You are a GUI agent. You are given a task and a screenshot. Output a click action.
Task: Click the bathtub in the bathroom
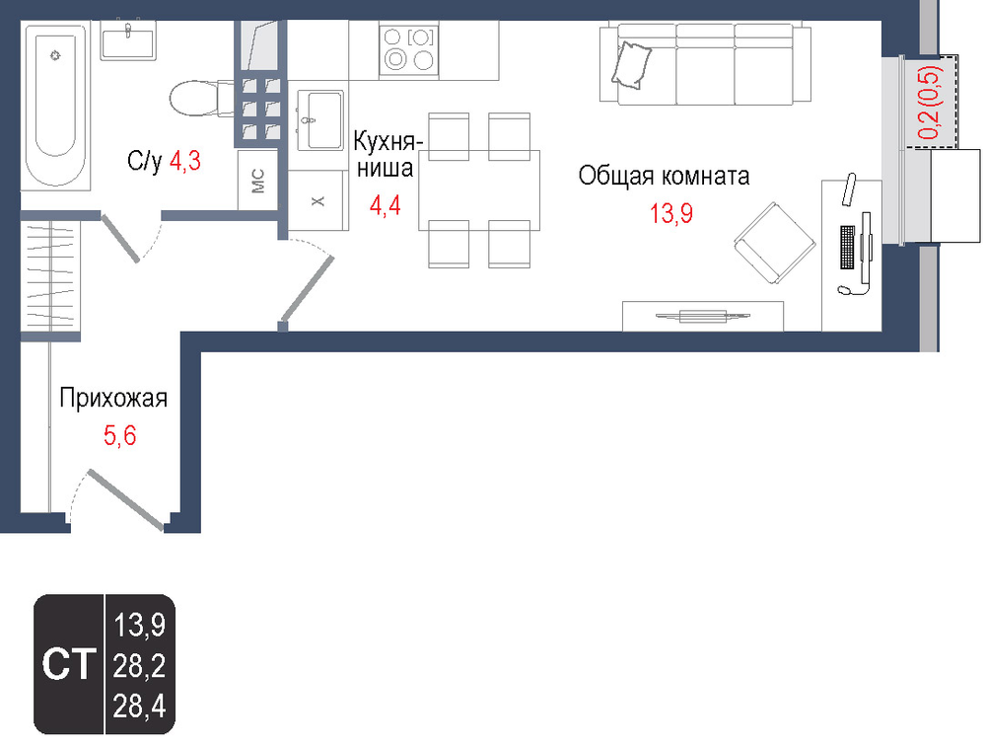point(56,105)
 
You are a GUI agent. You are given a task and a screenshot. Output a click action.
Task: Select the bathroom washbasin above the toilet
point(128,39)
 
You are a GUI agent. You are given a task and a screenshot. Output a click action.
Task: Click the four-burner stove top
point(409,49)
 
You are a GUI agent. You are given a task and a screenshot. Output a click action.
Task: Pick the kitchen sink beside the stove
point(320,120)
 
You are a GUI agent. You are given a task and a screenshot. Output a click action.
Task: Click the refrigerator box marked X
point(318,200)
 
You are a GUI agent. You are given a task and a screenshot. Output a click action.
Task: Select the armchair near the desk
point(775,243)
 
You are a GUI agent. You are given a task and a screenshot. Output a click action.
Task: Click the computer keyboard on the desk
point(848,248)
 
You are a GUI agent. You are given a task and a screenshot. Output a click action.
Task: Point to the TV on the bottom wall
point(703,316)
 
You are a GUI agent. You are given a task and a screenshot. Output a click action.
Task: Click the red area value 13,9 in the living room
point(670,214)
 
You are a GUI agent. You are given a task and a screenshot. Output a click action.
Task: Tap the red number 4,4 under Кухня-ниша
point(386,205)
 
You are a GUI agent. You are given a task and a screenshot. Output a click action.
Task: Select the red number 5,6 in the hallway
point(119,435)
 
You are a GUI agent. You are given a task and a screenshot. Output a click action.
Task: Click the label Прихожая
point(113,399)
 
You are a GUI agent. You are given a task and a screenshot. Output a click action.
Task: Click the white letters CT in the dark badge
point(69,664)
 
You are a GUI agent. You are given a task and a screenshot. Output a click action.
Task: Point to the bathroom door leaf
point(120,239)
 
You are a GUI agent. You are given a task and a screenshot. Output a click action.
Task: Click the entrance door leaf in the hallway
point(126,500)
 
